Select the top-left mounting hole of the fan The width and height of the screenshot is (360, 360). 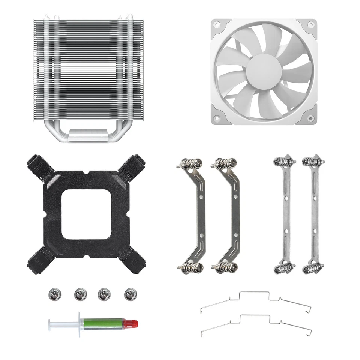coord(217,25)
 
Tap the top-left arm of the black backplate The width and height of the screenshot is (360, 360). coord(38,165)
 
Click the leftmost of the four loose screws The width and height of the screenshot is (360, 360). coord(55,294)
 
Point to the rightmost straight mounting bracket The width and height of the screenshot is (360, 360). coord(313,214)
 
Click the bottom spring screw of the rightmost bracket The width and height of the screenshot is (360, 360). coord(313,267)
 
